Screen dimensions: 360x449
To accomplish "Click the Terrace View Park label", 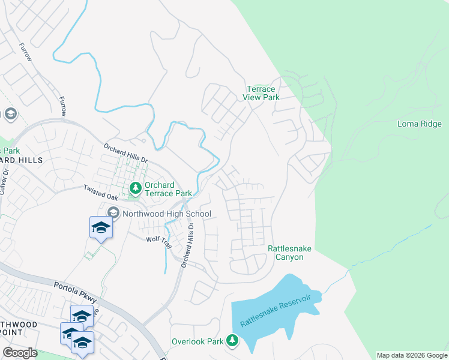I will tap(262, 93).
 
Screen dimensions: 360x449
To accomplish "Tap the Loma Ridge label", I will tap(420, 124).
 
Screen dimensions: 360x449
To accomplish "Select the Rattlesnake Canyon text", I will tap(285, 253).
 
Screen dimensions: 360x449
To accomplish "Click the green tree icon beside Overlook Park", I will tap(232, 341).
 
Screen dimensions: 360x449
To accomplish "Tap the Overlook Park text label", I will tap(197, 341).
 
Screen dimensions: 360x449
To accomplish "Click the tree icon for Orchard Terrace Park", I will tap(136, 189).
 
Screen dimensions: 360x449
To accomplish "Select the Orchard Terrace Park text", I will tap(167, 189).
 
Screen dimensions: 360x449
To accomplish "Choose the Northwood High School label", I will tap(166, 214).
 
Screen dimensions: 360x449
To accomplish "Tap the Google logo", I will tap(20, 353).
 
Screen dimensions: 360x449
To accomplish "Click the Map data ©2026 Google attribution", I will tap(412, 355).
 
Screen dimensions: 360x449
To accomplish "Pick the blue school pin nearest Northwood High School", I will tap(101, 228).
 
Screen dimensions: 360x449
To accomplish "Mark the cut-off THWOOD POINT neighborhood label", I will tap(19, 329).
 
